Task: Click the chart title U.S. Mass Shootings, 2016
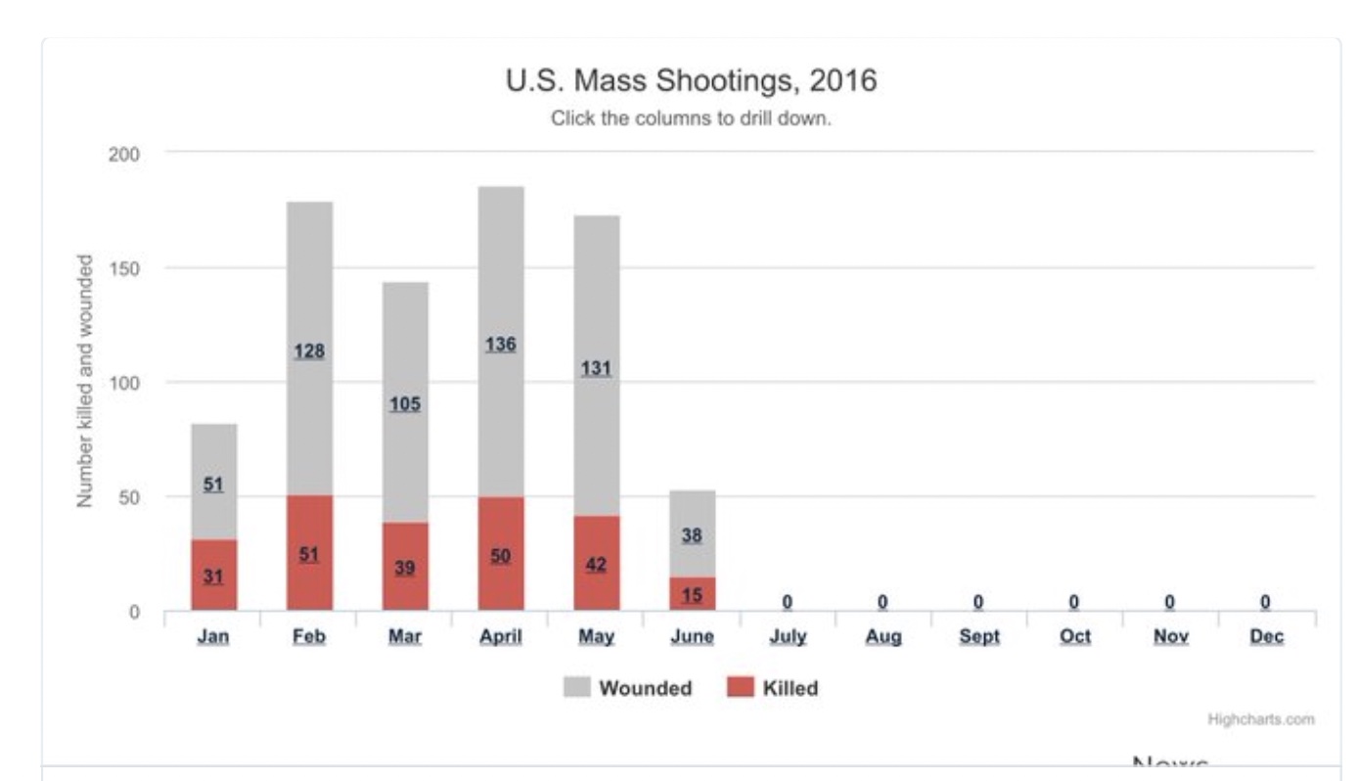(691, 81)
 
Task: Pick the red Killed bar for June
(692, 594)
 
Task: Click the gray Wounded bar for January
(213, 460)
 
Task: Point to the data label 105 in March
(404, 404)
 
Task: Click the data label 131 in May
(596, 369)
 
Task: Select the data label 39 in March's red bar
(404, 568)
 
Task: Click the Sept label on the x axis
(978, 637)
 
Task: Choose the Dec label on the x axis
(1265, 637)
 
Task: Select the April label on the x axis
(500, 637)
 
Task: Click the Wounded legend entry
(645, 688)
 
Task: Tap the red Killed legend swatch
(741, 688)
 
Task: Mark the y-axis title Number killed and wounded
(85, 382)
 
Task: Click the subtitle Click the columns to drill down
(691, 119)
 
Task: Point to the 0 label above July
(787, 602)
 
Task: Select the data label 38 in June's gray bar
(692, 535)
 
